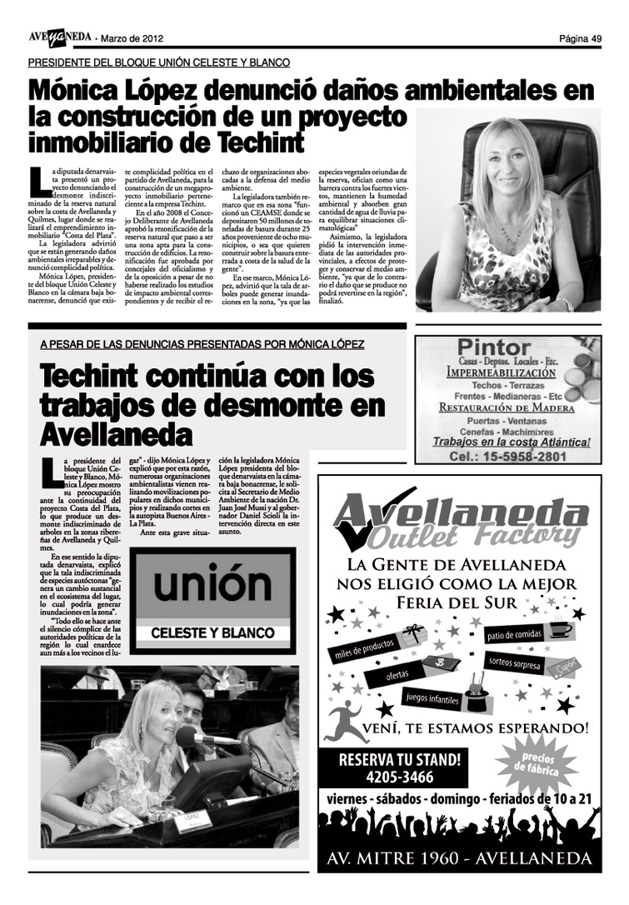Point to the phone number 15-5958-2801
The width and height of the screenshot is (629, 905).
507,457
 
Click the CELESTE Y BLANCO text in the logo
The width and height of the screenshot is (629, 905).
212,633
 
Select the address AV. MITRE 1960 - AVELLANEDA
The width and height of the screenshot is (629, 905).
458,858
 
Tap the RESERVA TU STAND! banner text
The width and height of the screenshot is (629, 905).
399,759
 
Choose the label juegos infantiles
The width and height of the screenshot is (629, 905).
433,697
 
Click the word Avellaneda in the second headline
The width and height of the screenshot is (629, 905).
117,433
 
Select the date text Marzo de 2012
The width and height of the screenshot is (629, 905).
132,38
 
